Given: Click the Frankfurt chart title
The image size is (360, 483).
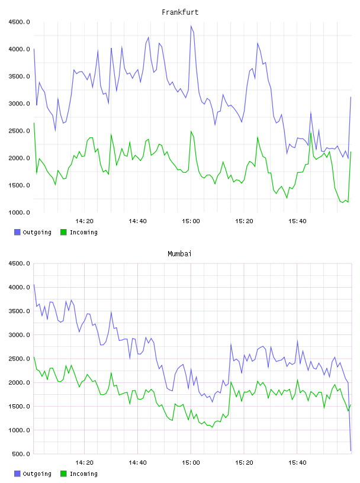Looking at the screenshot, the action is (x=180, y=12).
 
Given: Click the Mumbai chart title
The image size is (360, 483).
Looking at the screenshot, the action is (x=179, y=254).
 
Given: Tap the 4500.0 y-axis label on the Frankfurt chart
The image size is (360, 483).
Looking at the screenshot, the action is (x=19, y=22).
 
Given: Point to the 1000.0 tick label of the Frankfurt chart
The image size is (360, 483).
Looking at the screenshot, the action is (x=19, y=212).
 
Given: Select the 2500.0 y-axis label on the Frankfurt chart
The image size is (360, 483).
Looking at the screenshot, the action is (x=19, y=131).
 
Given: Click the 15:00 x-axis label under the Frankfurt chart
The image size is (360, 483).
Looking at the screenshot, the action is (x=191, y=221).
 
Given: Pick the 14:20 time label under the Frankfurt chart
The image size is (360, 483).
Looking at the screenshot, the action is (x=84, y=221).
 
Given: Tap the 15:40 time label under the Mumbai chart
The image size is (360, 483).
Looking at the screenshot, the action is (x=297, y=463).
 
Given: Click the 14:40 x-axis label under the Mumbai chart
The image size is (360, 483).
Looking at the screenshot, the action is (x=137, y=463).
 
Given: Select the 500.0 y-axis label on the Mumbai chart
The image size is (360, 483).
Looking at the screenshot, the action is (x=21, y=454).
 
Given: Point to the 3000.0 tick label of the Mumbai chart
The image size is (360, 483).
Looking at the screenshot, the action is (x=19, y=335).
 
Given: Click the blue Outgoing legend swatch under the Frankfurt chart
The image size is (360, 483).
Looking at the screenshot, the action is (x=17, y=232).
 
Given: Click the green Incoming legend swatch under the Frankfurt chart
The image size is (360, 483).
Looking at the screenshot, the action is (x=63, y=232).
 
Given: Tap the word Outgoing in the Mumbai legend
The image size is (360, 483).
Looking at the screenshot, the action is (x=37, y=474).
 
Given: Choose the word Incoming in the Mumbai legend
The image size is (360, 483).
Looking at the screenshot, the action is (x=83, y=474).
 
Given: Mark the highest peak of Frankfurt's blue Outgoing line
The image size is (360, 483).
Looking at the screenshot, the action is (x=191, y=26).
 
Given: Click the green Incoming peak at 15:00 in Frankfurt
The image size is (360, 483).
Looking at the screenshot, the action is (x=191, y=131).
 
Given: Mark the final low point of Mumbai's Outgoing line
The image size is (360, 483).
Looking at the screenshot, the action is (x=351, y=450).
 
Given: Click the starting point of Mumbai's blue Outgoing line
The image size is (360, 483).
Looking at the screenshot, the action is (x=34, y=284).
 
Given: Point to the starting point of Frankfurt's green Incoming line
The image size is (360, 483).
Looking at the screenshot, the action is (x=34, y=123).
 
